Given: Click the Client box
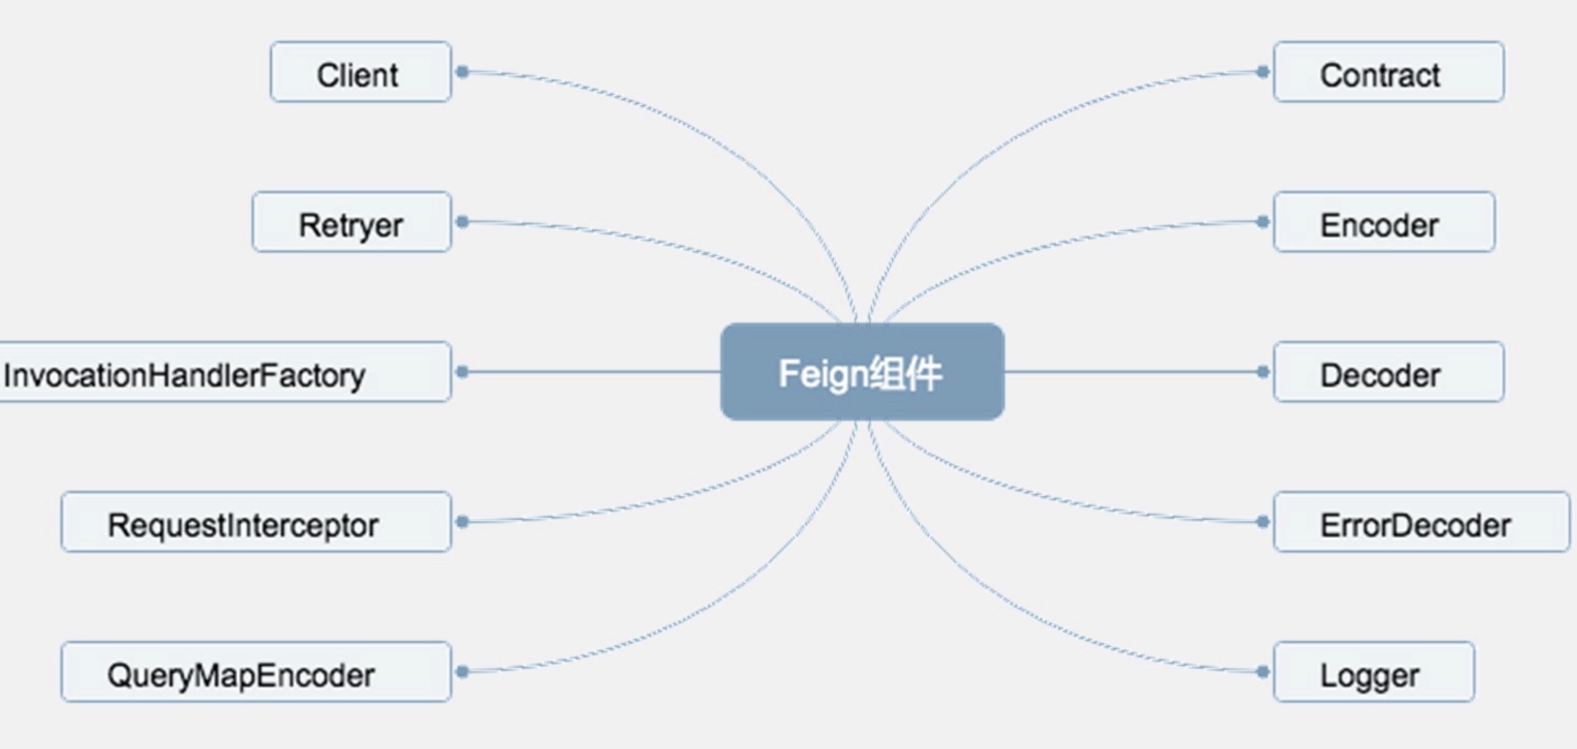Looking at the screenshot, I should click(361, 72).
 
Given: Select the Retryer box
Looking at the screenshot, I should click(352, 223).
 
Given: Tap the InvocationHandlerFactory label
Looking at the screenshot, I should click(185, 375).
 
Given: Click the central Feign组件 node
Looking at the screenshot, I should click(862, 372).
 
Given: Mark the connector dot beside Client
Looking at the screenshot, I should click(462, 72).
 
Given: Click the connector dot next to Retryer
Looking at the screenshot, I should click(462, 221).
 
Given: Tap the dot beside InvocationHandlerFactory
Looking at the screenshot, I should click(462, 372).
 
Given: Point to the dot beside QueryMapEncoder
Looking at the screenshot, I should click(462, 672).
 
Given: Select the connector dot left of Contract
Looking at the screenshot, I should click(1263, 72).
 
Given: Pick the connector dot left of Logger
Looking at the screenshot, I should click(1263, 672).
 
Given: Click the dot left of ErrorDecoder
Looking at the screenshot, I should click(1263, 522).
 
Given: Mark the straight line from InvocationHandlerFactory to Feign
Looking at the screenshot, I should click(591, 372).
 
